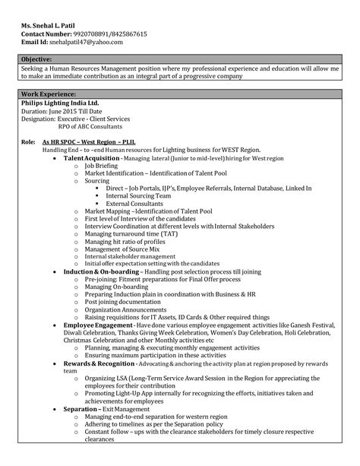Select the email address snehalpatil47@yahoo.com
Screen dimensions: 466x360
click(x=93, y=43)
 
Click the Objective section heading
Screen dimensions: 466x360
click(x=37, y=59)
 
